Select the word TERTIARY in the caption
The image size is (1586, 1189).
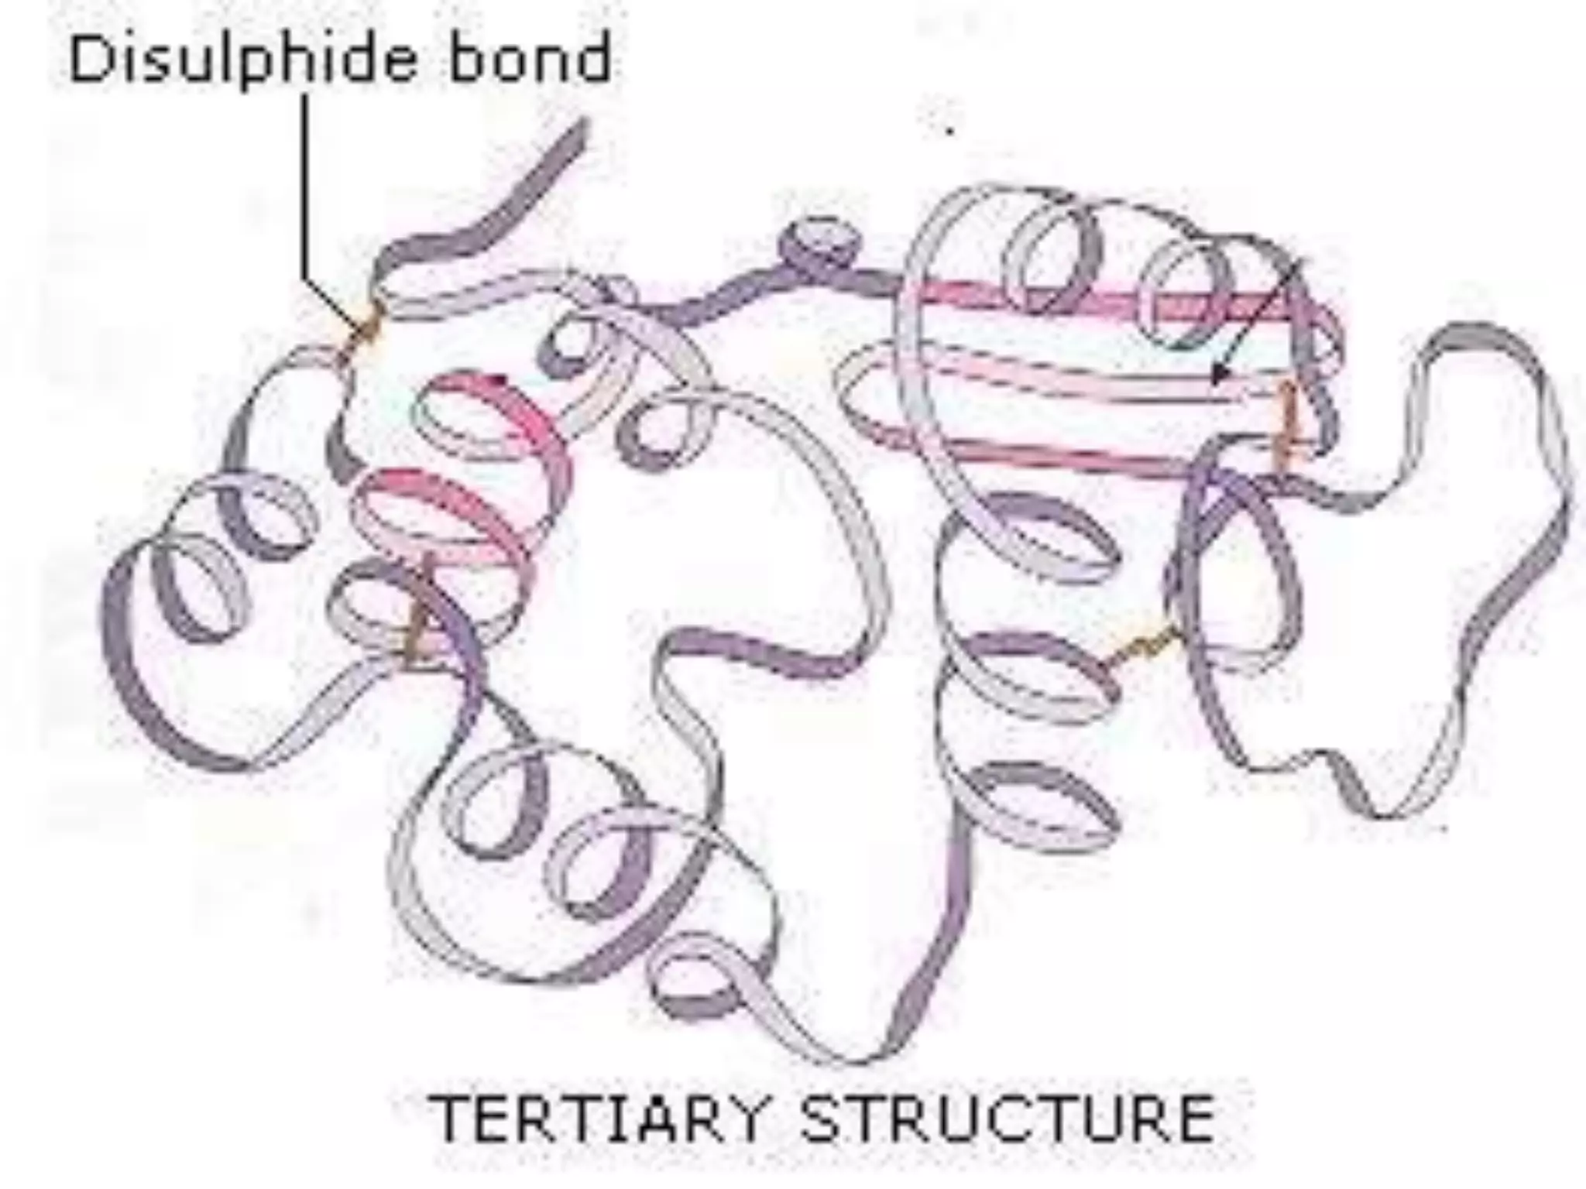pos(596,1119)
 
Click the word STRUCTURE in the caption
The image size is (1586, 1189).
pos(1007,1119)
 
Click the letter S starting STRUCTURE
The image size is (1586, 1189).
pos(822,1119)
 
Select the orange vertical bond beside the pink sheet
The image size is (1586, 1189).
pos(1286,426)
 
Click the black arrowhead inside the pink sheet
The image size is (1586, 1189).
pos(1220,375)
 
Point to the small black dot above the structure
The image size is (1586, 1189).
pos(949,132)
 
